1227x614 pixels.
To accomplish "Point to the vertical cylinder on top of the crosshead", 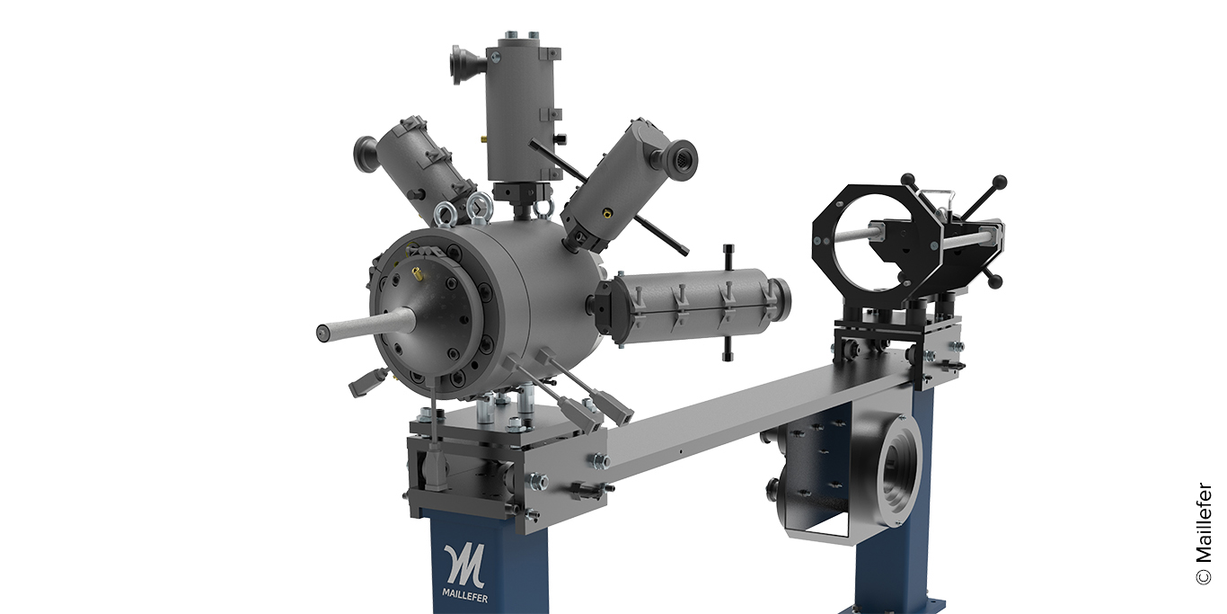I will (x=518, y=103).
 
